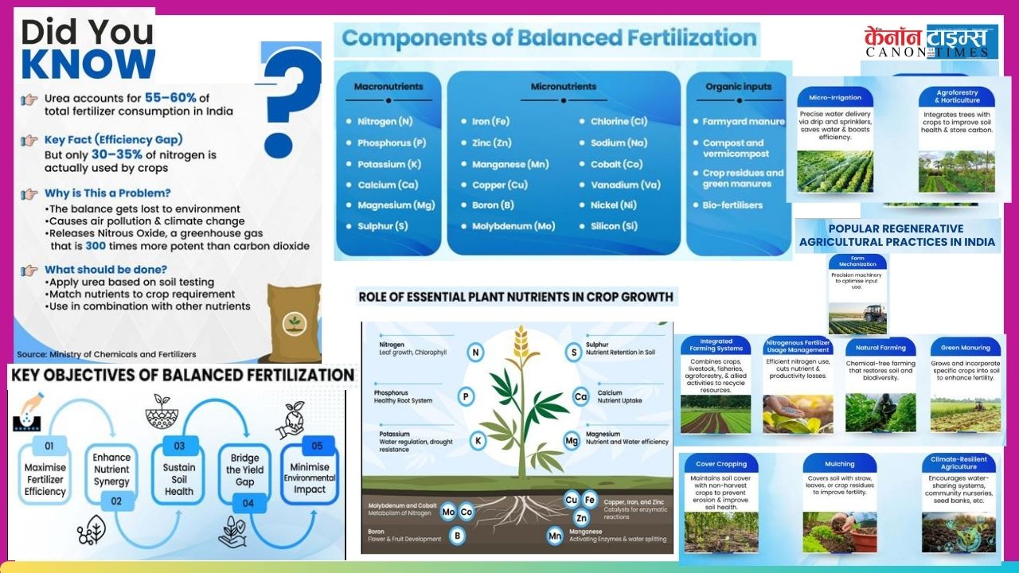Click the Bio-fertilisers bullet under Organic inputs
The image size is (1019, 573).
(732, 205)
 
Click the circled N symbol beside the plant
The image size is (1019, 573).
(475, 353)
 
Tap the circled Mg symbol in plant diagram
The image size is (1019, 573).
(571, 440)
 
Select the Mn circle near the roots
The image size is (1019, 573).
(555, 536)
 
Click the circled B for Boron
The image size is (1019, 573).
(457, 536)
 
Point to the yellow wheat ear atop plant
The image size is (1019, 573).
(522, 342)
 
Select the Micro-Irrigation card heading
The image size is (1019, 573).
(834, 98)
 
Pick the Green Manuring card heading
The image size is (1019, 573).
(966, 348)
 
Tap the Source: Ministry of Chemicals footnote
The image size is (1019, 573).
(107, 354)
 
